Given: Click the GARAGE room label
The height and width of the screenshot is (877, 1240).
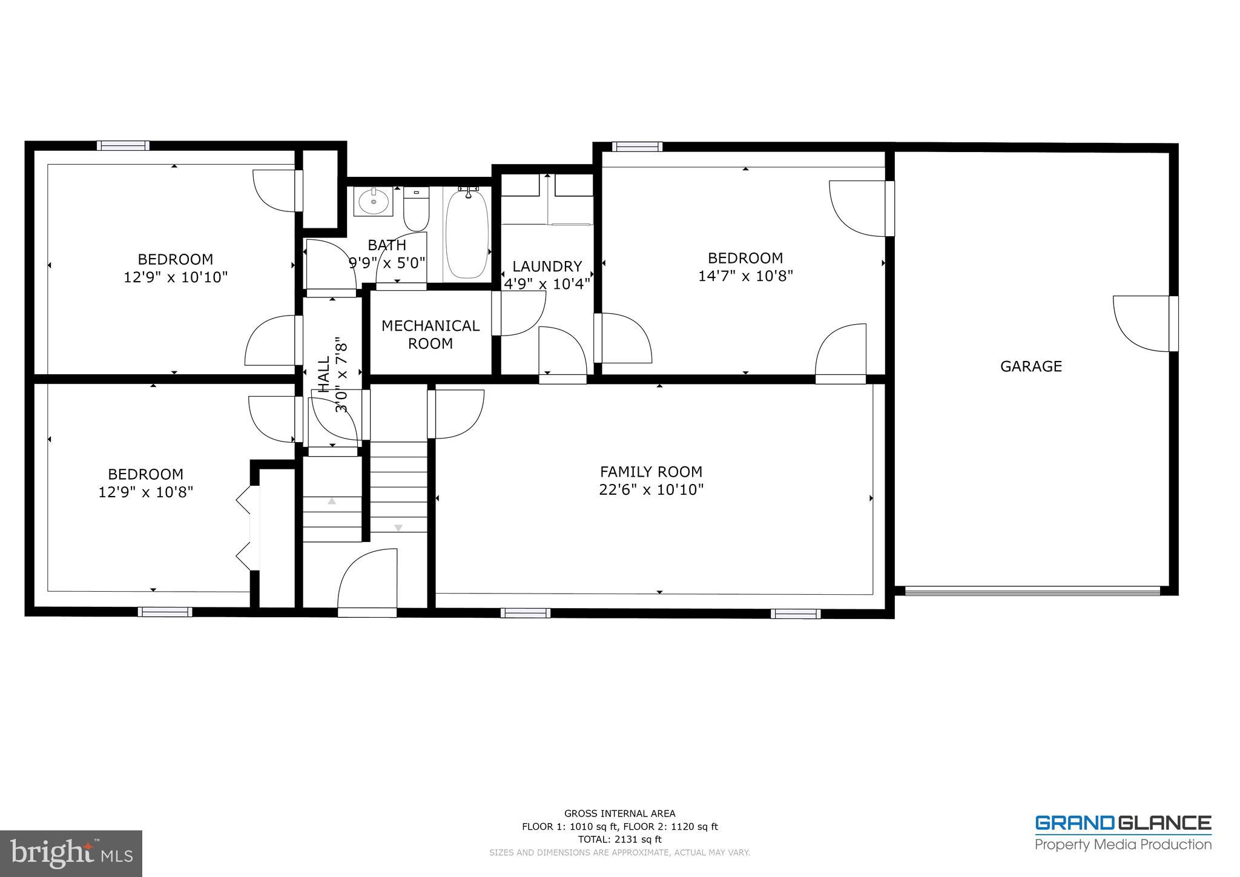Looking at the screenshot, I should [1031, 366].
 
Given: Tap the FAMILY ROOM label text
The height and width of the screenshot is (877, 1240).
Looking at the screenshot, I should [651, 472].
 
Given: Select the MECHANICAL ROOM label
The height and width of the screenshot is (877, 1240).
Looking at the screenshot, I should [430, 334].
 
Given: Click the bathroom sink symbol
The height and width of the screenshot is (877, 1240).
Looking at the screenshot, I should [373, 202].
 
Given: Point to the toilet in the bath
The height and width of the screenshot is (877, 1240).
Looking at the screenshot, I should [416, 209].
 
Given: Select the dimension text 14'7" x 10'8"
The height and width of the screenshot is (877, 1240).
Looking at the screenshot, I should [745, 276].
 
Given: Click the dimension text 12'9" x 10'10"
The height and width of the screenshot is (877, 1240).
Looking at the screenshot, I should [176, 277].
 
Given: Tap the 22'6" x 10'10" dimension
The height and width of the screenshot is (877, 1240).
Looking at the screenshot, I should [651, 489].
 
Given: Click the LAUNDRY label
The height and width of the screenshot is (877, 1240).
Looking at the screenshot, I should [547, 266].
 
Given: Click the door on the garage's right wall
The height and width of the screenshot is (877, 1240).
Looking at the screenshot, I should [1143, 323].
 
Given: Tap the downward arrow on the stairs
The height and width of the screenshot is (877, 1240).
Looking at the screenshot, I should [398, 528].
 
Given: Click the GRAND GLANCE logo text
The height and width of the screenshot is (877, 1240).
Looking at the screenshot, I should [1123, 823].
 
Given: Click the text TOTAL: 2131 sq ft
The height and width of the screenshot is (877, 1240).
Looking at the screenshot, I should [619, 839].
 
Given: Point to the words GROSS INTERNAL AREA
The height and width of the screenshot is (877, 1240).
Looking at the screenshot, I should [619, 813].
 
